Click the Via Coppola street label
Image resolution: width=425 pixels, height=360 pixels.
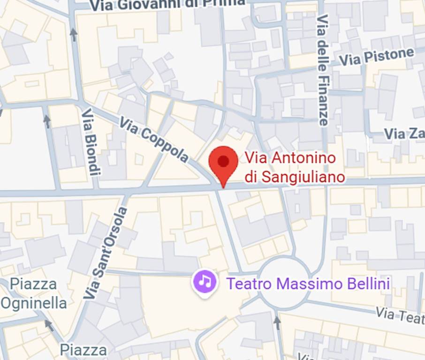click(153, 140)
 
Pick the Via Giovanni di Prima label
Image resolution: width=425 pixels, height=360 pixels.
click(167, 4)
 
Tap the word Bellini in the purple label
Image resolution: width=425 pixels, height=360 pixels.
click(370, 283)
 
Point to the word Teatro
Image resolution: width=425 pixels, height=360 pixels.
click(249, 283)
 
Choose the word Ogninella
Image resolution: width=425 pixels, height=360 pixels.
click(34, 303)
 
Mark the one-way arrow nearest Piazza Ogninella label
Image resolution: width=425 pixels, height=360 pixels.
click(49, 324)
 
